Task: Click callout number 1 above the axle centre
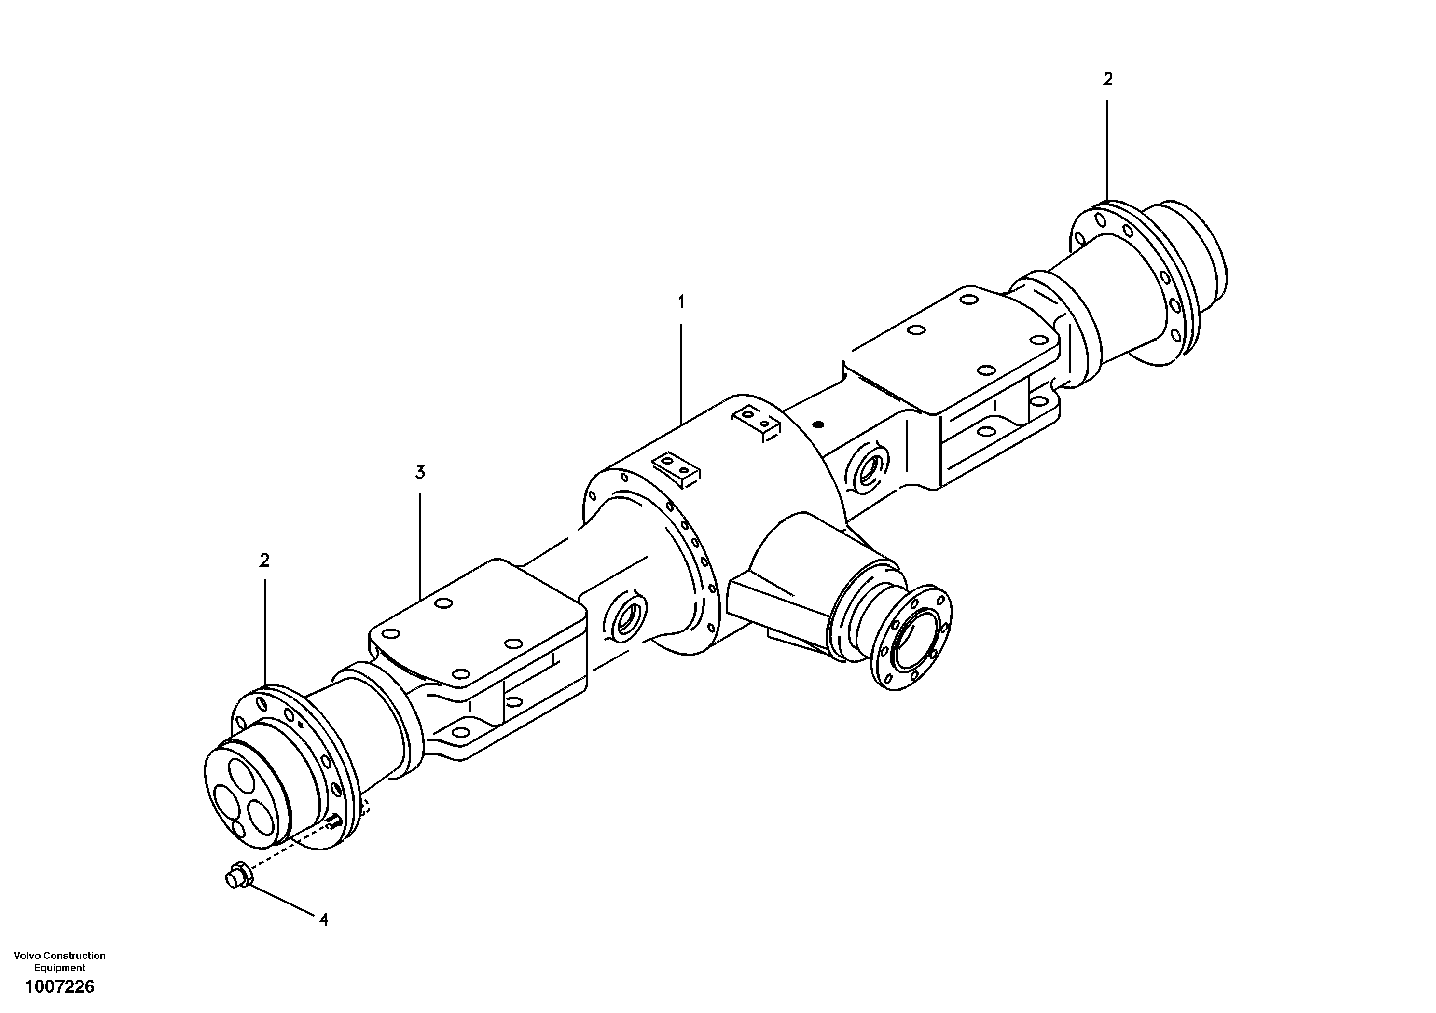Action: coord(681,302)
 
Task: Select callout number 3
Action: coord(420,473)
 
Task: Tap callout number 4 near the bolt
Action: coord(323,919)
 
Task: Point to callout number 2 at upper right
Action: coord(1108,80)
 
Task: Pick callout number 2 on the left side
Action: coord(264,560)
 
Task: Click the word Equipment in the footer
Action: coord(59,967)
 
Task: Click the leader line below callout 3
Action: coord(420,544)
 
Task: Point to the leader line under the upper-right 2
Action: coord(1108,150)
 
